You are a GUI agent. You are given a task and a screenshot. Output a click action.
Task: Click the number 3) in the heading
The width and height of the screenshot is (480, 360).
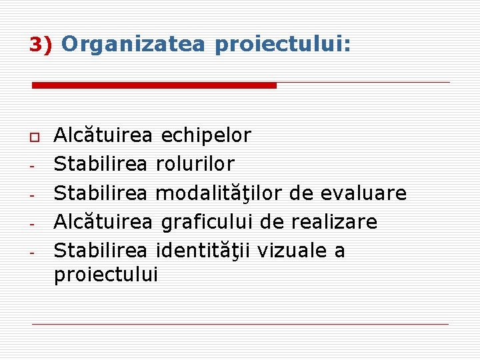tap(41, 45)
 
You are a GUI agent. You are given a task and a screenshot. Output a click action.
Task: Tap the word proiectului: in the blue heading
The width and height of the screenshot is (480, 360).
tap(283, 45)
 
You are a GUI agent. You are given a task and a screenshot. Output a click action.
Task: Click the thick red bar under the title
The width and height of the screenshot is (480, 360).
tap(154, 85)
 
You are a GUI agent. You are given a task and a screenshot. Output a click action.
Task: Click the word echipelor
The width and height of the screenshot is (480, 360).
tap(206, 136)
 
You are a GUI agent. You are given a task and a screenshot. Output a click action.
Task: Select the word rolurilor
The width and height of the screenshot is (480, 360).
tap(195, 164)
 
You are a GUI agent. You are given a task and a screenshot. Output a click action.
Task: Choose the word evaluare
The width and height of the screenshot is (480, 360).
tap(364, 193)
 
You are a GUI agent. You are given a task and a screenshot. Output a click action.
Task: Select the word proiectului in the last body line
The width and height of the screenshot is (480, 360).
tap(105, 275)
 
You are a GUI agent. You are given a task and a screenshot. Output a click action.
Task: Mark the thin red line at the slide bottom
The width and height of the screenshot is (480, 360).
tap(240, 324)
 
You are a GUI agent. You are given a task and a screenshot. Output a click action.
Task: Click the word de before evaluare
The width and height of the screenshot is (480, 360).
tap(306, 193)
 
